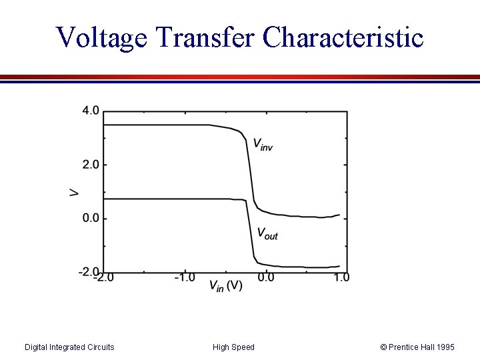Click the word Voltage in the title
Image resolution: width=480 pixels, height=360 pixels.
point(101,37)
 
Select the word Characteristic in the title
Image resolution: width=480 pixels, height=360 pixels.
point(343,37)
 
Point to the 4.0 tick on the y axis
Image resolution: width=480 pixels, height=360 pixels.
point(91,111)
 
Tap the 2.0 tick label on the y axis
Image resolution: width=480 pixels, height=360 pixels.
point(91,165)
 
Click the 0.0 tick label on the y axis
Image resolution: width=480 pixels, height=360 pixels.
point(91,219)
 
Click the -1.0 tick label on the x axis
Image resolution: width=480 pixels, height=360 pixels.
point(184,277)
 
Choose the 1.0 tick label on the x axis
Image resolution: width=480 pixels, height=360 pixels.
point(341,277)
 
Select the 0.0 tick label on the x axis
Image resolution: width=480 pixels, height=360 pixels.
point(266,277)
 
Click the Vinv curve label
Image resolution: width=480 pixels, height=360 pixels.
point(262,144)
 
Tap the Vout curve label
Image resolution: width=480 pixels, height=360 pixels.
point(267,233)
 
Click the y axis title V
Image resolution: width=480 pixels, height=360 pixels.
point(74,192)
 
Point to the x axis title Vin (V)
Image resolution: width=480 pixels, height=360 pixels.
point(226,286)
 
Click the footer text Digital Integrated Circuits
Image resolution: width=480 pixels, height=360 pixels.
point(69,347)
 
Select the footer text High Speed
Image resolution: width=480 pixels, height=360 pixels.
point(233,347)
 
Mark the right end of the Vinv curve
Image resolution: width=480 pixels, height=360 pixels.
point(339,215)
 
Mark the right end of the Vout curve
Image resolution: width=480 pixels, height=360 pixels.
point(339,267)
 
